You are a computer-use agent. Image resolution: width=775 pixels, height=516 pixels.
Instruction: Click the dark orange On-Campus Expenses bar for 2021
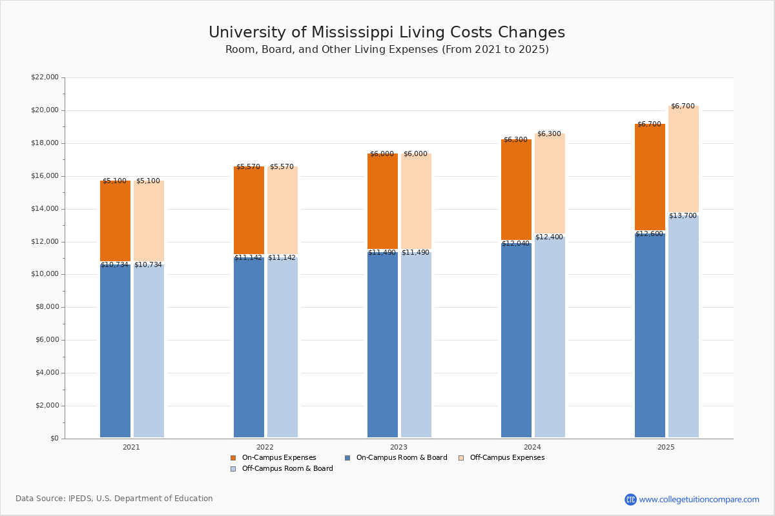pyautogui.click(x=115, y=221)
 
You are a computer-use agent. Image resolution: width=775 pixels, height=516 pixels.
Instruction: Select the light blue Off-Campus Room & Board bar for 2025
pyautogui.click(x=683, y=326)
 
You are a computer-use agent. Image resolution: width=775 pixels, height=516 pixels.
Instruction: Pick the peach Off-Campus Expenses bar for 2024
pyautogui.click(x=550, y=183)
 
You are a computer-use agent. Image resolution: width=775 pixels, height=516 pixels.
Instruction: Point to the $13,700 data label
pyautogui.click(x=683, y=215)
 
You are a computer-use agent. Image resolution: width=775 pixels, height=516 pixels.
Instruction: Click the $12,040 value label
pyautogui.click(x=515, y=243)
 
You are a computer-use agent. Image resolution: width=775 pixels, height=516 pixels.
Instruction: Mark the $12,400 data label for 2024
pyautogui.click(x=549, y=237)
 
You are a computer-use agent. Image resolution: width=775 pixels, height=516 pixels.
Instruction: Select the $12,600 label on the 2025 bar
pyautogui.click(x=649, y=233)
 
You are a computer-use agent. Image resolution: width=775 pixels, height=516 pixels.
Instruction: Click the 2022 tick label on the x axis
pyautogui.click(x=265, y=447)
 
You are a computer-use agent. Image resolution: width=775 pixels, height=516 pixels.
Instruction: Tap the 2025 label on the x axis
pyautogui.click(x=666, y=447)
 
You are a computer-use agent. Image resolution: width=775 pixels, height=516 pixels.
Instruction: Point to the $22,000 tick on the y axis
pyautogui.click(x=45, y=77)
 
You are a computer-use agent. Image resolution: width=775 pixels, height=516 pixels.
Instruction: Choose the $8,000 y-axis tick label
pyautogui.click(x=46, y=307)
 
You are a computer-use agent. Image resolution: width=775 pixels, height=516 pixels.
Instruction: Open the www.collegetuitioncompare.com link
pyautogui.click(x=699, y=499)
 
